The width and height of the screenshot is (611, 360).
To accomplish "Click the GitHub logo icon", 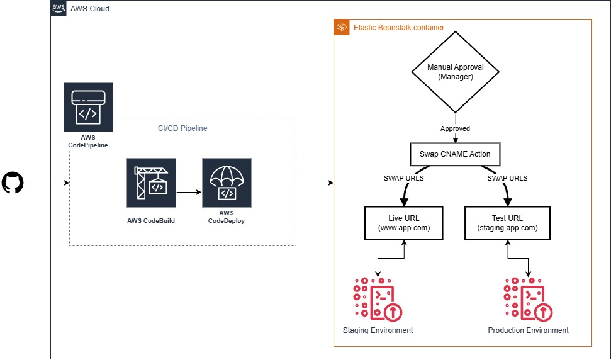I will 13,183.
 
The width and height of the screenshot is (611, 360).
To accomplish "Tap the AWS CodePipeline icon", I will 88,107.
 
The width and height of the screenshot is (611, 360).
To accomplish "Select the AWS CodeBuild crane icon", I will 151,183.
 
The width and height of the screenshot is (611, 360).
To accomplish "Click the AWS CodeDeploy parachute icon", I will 227,183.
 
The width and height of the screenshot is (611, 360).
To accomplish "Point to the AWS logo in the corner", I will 59,9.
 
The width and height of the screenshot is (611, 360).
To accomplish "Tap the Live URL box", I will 403,222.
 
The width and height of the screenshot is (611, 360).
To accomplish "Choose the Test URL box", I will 507,222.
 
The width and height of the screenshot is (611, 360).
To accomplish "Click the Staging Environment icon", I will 378,299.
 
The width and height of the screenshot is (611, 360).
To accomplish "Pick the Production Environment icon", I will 528,299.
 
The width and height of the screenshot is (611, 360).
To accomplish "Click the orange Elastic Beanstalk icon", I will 342,27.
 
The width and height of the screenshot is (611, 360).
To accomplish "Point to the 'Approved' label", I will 454,128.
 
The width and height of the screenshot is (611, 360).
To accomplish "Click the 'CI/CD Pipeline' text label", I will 182,128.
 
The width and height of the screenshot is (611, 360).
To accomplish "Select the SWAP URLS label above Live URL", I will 403,178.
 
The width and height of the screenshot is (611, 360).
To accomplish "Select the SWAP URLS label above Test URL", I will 507,178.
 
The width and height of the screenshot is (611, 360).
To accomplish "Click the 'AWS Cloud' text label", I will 91,9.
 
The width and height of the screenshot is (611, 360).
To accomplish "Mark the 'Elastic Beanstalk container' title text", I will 398,28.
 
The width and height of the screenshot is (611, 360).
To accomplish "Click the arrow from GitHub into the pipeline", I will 47,183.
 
